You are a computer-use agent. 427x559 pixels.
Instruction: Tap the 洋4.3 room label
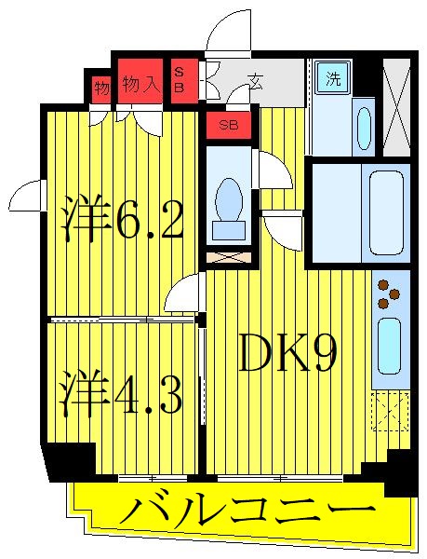tap(122, 393)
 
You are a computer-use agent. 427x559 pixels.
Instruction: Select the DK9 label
tap(287, 354)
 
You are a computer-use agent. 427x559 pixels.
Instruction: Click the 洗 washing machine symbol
tap(333, 79)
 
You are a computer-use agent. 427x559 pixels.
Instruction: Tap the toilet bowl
tap(226, 201)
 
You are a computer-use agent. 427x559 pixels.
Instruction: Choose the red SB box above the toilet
tap(228, 123)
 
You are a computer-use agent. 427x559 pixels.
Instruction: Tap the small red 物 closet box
tap(101, 89)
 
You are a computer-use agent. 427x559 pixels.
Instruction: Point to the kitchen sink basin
tap(389, 345)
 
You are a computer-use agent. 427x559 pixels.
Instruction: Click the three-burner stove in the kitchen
tap(389, 293)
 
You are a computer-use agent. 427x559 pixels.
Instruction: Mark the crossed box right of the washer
tap(396, 106)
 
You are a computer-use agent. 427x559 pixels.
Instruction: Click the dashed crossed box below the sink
tap(390, 410)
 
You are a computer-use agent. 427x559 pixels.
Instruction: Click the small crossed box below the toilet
tap(226, 254)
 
